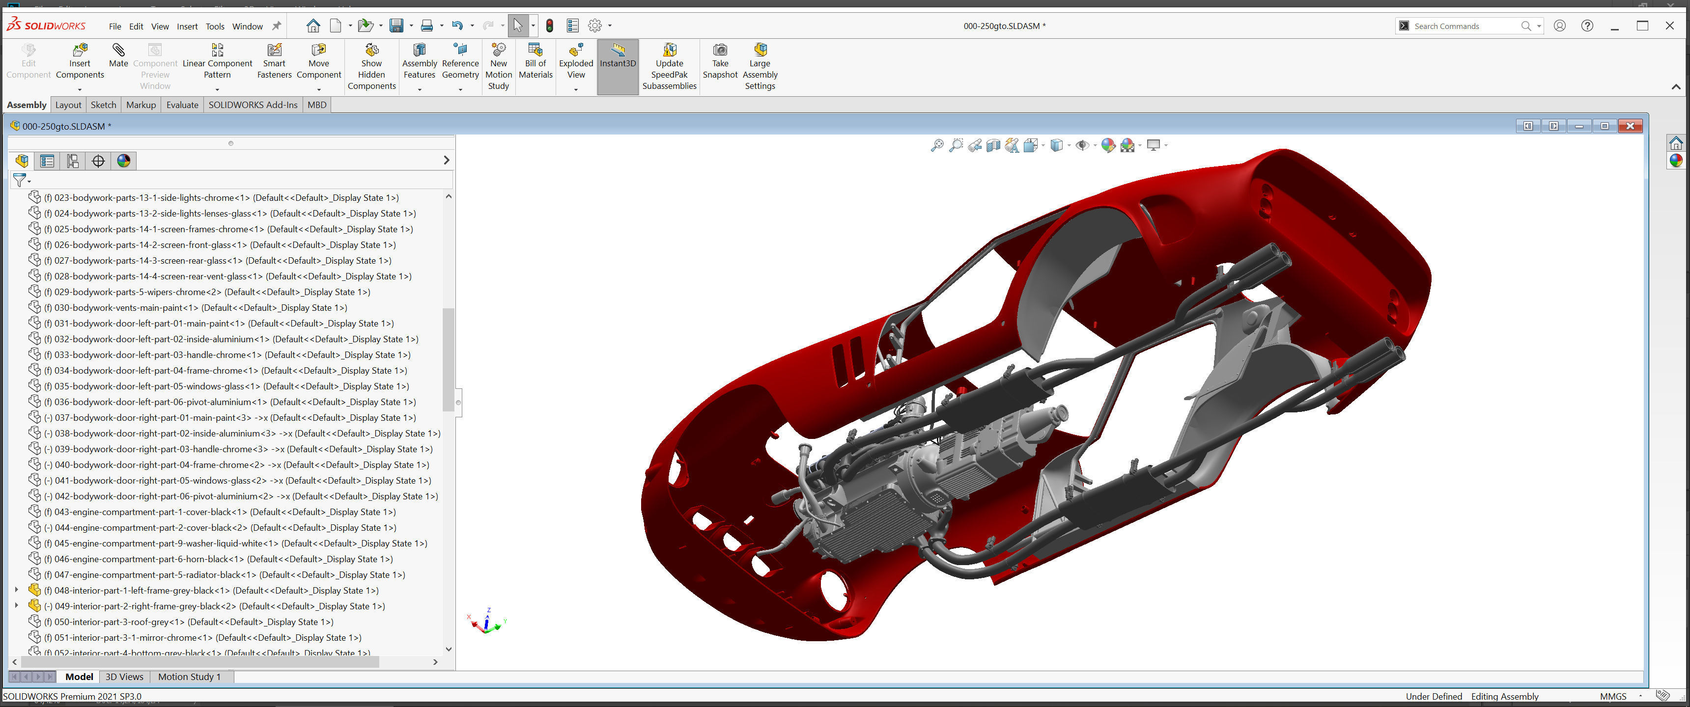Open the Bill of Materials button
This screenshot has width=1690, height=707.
535,60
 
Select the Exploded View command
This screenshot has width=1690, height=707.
575,60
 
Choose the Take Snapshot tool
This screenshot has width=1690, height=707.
720,60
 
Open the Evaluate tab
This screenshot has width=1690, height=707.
182,105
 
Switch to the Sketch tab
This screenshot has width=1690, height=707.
103,105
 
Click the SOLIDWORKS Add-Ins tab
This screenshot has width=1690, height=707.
253,105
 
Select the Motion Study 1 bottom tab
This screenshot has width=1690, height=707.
189,677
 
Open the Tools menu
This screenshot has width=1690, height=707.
215,26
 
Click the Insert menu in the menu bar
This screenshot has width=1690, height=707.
187,26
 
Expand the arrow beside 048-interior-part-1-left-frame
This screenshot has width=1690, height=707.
16,590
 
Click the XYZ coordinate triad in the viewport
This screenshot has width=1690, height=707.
486,622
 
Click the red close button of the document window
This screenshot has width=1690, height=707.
1630,126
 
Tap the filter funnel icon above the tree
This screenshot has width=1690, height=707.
20,180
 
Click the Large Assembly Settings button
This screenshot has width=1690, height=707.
760,66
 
